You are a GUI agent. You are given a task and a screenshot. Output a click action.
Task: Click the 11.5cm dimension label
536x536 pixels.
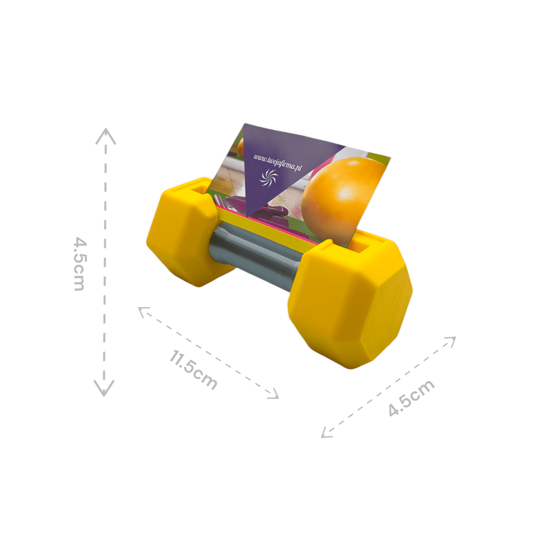(194, 370)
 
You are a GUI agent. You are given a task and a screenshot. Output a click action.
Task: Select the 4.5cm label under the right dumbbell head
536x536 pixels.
(412, 398)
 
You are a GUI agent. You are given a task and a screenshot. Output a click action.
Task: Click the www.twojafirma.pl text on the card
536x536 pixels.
(278, 162)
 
